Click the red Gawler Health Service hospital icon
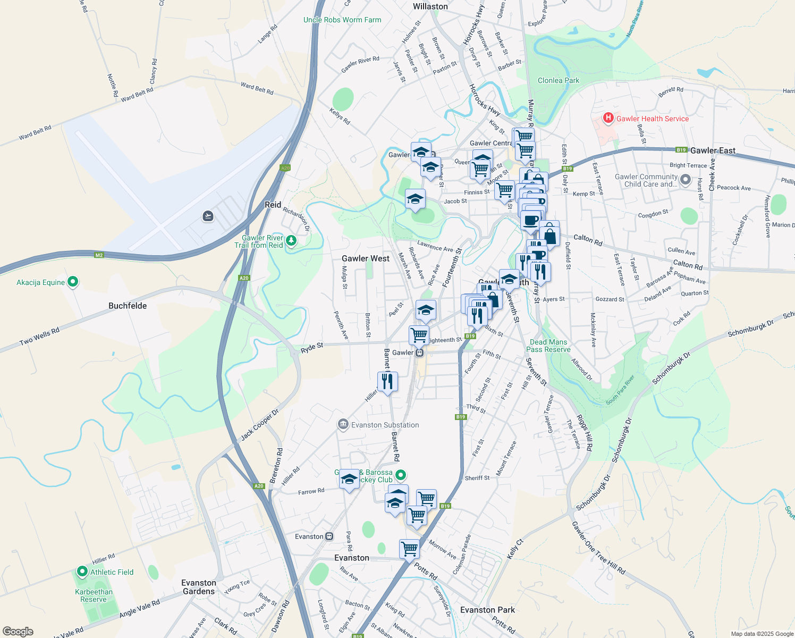tap(608, 117)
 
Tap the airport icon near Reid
tap(208, 216)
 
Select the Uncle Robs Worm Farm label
tap(342, 20)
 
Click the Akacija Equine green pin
tap(73, 282)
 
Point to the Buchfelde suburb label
tap(128, 306)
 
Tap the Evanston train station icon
tap(329, 536)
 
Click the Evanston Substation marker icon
tap(343, 424)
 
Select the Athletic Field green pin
tap(82, 572)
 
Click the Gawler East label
tap(713, 150)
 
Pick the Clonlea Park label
tap(559, 80)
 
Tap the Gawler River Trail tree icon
tap(291, 241)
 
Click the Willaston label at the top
tap(430, 6)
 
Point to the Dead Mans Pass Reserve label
tap(548, 346)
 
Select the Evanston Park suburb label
tap(487, 610)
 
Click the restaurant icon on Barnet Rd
tap(387, 381)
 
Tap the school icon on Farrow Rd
tap(349, 479)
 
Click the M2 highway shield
tap(99, 255)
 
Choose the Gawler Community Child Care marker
tap(686, 180)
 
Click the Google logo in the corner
tap(18, 631)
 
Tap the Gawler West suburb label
tap(366, 258)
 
